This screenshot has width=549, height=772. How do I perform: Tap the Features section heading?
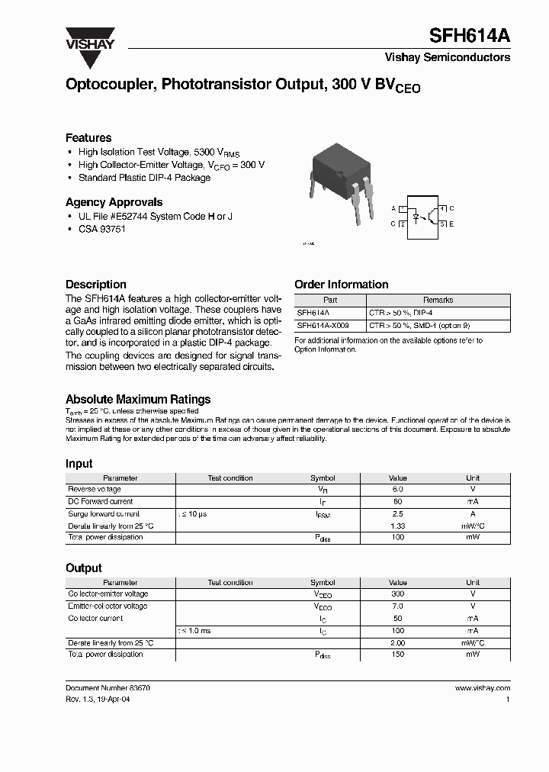tap(88, 138)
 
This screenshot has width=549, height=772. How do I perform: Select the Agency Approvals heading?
tap(114, 202)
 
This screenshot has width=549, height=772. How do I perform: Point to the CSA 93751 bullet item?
tap(101, 229)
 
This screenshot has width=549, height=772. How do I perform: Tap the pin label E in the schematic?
tap(451, 224)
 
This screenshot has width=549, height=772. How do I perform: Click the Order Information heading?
tap(341, 285)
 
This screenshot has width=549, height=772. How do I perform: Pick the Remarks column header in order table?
tap(438, 301)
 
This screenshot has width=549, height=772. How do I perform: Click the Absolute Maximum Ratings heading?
tap(138, 399)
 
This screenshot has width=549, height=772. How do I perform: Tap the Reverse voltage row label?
tap(95, 490)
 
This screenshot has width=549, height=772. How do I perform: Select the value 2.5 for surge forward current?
tap(397, 513)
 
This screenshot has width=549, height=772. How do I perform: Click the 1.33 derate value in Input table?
tap(397, 526)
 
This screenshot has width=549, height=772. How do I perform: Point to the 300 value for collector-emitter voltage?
tap(397, 594)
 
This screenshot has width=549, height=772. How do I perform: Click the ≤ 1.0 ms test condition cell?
tap(194, 631)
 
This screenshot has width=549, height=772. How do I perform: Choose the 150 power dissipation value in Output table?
tap(397, 655)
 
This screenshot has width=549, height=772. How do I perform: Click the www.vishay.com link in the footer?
tap(482, 688)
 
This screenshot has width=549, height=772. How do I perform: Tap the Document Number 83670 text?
tap(108, 688)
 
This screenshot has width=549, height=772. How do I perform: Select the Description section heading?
tap(95, 285)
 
